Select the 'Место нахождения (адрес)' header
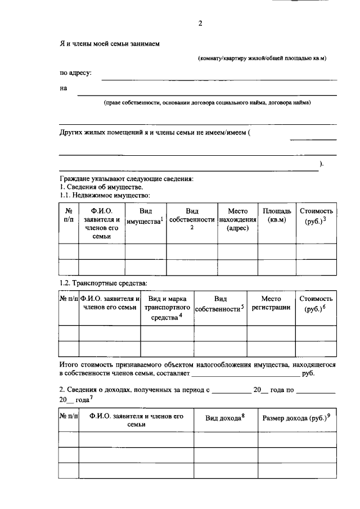(x=237, y=220)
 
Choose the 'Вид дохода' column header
(x=226, y=418)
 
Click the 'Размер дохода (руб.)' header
(x=296, y=418)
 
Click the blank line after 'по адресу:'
(x=219, y=79)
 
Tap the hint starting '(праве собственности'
(x=207, y=103)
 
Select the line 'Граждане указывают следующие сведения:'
(x=126, y=179)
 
